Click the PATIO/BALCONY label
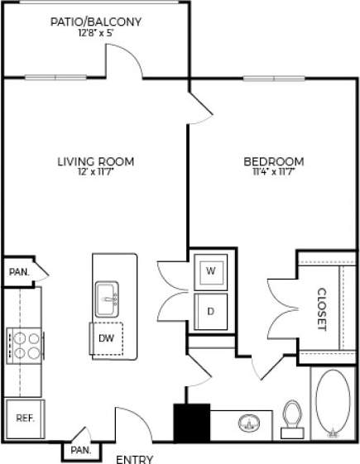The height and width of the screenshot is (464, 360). click(95, 22)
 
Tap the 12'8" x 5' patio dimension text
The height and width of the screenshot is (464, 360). click(95, 34)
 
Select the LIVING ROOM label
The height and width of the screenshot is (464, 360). click(95, 161)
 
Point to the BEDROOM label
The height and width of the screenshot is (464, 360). click(273, 161)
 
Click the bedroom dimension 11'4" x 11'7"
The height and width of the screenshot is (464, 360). click(273, 172)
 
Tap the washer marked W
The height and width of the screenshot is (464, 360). click(210, 271)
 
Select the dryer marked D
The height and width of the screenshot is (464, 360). click(210, 311)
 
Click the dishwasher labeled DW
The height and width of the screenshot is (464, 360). click(107, 337)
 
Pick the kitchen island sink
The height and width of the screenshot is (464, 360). click(107, 299)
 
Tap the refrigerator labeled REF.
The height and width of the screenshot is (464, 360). click(25, 419)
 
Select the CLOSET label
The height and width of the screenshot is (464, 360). click(322, 309)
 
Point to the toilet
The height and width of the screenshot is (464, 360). click(291, 417)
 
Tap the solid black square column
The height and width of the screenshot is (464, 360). click(190, 423)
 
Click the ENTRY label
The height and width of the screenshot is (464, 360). click(134, 458)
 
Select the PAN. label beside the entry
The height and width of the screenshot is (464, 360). click(80, 450)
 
